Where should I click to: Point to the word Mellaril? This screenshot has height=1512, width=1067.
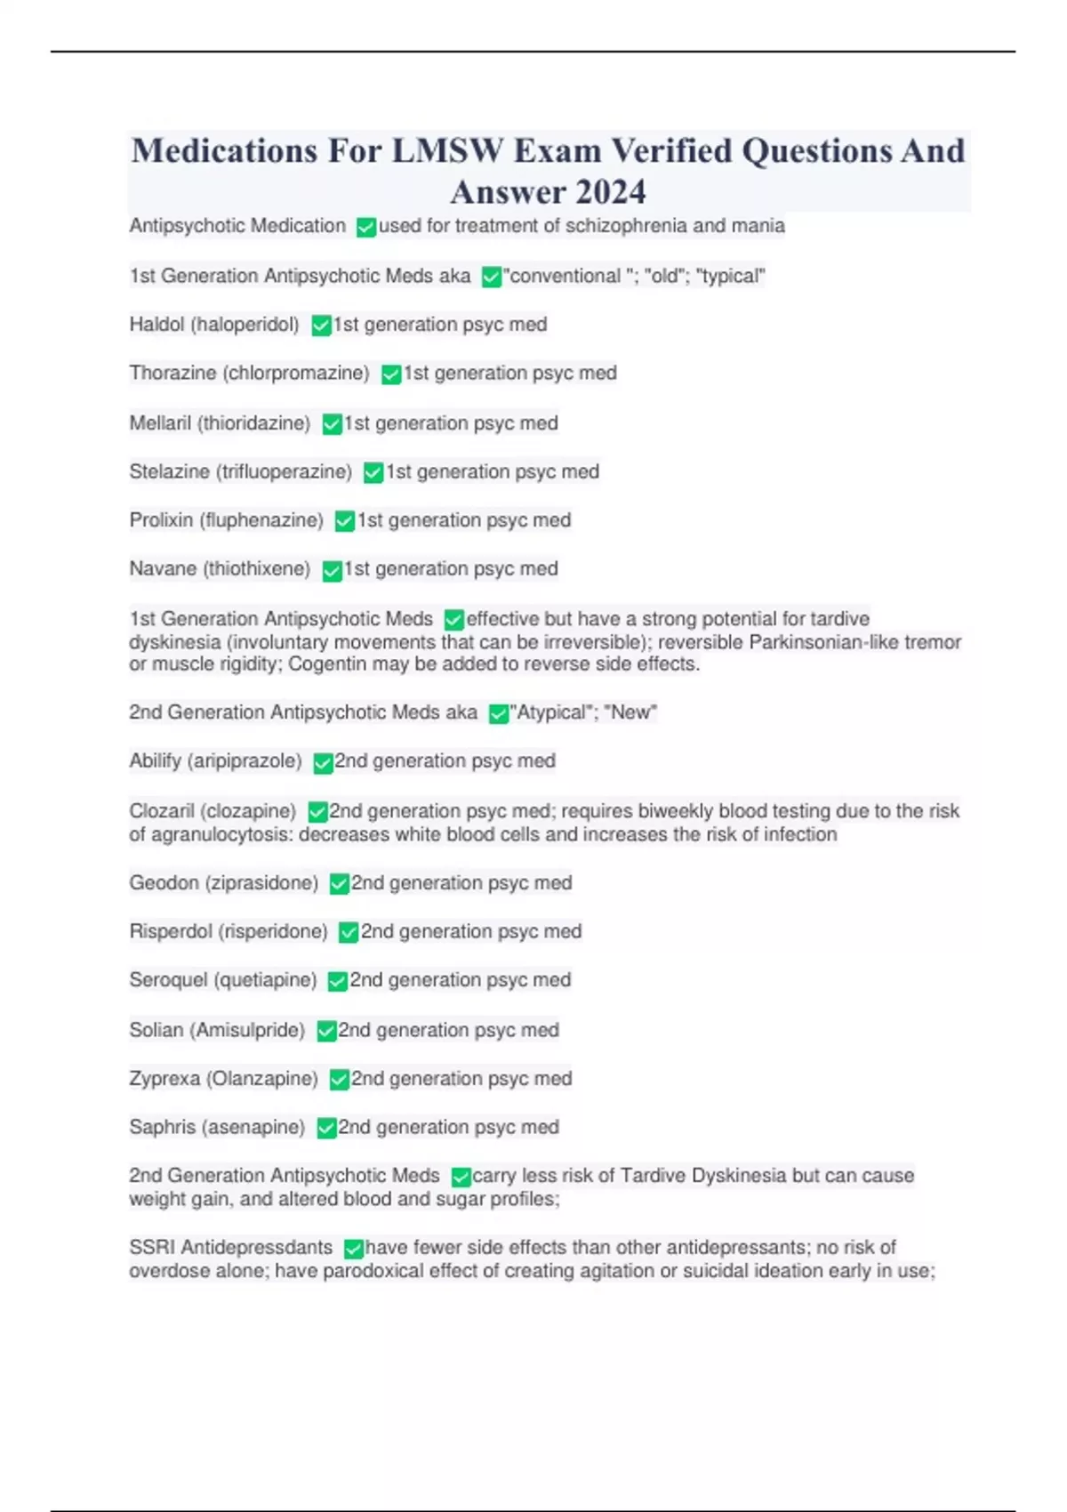(160, 423)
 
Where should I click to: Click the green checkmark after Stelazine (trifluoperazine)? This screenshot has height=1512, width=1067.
(373, 473)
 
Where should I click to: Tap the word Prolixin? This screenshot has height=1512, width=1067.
(161, 520)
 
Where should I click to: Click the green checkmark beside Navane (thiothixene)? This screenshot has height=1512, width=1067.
(332, 571)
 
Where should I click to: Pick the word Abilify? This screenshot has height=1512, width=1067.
(155, 761)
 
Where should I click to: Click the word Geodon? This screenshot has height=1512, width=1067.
(163, 883)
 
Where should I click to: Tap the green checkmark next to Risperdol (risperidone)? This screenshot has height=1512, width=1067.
(349, 932)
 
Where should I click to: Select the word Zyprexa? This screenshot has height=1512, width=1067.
(164, 1079)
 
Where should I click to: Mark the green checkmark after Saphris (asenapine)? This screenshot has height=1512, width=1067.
(326, 1129)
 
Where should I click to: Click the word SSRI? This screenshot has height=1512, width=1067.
(148, 1248)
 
